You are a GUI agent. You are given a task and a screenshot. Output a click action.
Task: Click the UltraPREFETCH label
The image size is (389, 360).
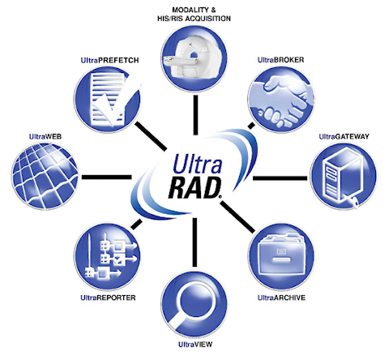tap(109, 60)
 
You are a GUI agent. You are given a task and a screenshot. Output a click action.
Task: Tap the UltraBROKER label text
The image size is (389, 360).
tap(280, 60)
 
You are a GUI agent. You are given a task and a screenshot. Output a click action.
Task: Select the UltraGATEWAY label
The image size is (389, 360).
tap(344, 136)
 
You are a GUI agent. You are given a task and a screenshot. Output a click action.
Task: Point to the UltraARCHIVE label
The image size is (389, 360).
tap(281, 298)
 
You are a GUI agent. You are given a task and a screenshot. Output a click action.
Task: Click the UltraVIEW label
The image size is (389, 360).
tap(195, 345)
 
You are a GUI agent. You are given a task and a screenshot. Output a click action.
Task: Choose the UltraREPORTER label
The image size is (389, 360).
tap(108, 298)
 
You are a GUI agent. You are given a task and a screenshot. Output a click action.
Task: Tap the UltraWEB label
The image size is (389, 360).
tap(45, 136)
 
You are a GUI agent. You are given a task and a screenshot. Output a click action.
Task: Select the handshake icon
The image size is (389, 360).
tap(281, 100)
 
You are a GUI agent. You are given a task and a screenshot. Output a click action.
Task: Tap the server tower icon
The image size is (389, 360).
tap(344, 176)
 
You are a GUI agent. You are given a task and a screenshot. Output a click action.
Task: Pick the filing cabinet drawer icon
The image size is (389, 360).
tap(281, 257)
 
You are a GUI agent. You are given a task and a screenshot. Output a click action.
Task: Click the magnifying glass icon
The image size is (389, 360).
tap(194, 303)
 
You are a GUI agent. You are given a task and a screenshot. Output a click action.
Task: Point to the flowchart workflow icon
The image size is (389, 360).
tap(107, 257)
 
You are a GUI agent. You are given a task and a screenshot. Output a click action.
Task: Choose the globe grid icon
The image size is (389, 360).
tap(45, 176)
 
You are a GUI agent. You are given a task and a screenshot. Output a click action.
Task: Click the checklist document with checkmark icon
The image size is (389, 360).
tap(107, 100)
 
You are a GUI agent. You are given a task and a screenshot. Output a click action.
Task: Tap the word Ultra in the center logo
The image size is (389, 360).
tap(197, 164)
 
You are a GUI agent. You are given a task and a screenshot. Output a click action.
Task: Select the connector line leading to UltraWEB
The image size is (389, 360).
tap(107, 178)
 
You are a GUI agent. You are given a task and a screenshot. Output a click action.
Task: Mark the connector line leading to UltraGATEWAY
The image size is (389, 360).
tap(280, 178)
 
